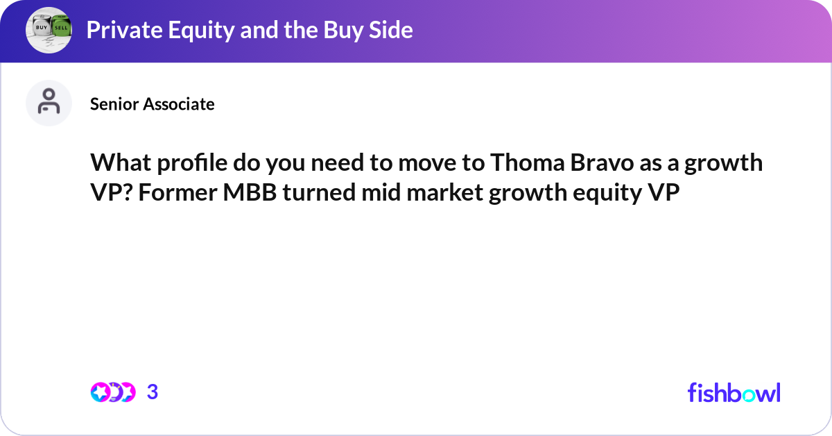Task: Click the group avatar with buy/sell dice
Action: pos(49,30)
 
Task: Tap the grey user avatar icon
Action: pos(49,103)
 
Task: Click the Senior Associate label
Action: pos(152,104)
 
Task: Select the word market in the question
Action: pos(447,194)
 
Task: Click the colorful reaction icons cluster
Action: pos(112,392)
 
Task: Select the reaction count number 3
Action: pos(153,392)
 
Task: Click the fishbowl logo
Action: pos(734,392)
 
